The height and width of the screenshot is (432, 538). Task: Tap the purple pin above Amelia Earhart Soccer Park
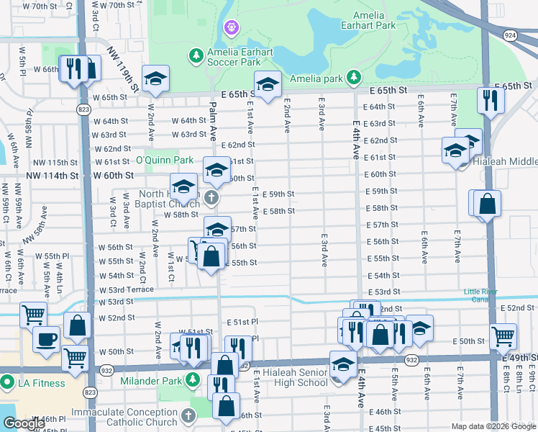(x=231, y=28)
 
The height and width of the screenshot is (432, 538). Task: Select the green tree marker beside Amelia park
(x=353, y=77)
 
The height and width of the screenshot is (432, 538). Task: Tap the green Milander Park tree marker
(x=193, y=379)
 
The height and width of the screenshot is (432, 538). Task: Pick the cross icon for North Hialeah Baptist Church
(x=211, y=197)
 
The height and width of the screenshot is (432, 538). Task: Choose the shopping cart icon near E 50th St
(x=503, y=335)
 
